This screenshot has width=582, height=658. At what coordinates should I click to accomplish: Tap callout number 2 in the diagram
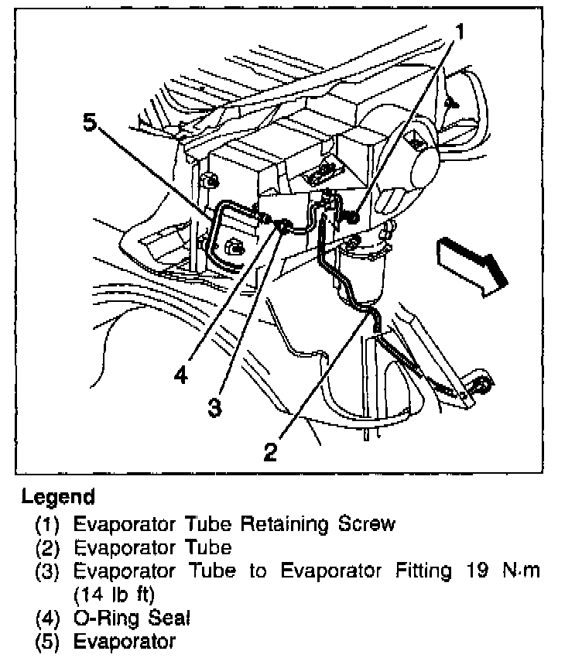[x=270, y=451]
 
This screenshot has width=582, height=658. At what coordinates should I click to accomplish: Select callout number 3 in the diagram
[x=216, y=408]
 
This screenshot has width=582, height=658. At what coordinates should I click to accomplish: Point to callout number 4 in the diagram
[x=180, y=375]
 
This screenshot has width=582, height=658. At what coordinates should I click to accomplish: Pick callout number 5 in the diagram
[x=91, y=122]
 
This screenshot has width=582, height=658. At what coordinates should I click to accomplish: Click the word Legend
[x=58, y=496]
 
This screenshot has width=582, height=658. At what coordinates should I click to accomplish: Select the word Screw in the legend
[x=367, y=524]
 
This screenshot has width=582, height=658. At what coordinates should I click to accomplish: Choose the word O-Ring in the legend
[x=107, y=619]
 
